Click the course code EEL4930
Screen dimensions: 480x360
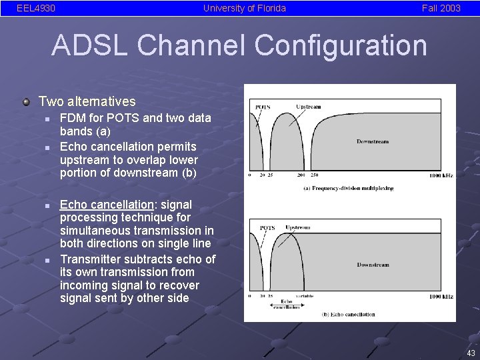[x=36, y=8]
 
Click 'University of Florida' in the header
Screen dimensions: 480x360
[x=245, y=8]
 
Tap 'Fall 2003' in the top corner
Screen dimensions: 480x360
[x=441, y=8]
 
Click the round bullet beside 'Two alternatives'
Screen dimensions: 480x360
[x=26, y=102]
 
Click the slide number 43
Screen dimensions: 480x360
[x=471, y=353]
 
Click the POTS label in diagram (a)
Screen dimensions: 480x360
[x=263, y=107]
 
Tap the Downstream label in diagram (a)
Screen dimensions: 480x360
[x=373, y=141]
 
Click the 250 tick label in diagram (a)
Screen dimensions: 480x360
[x=313, y=175]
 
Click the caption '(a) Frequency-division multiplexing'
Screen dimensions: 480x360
[x=348, y=188]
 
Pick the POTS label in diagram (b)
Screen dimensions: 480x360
[x=267, y=228]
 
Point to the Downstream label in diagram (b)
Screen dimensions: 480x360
[x=373, y=265]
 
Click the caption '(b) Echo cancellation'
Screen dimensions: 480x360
[x=348, y=314]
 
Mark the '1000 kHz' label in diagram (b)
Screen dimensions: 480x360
[x=441, y=296]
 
